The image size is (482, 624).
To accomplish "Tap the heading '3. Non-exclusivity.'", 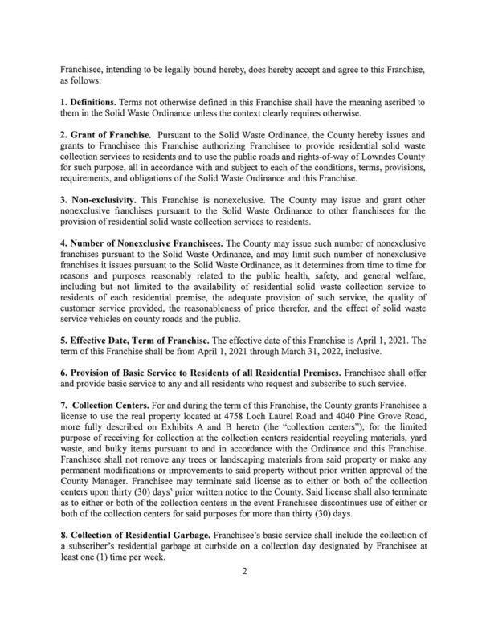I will [100, 196].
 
